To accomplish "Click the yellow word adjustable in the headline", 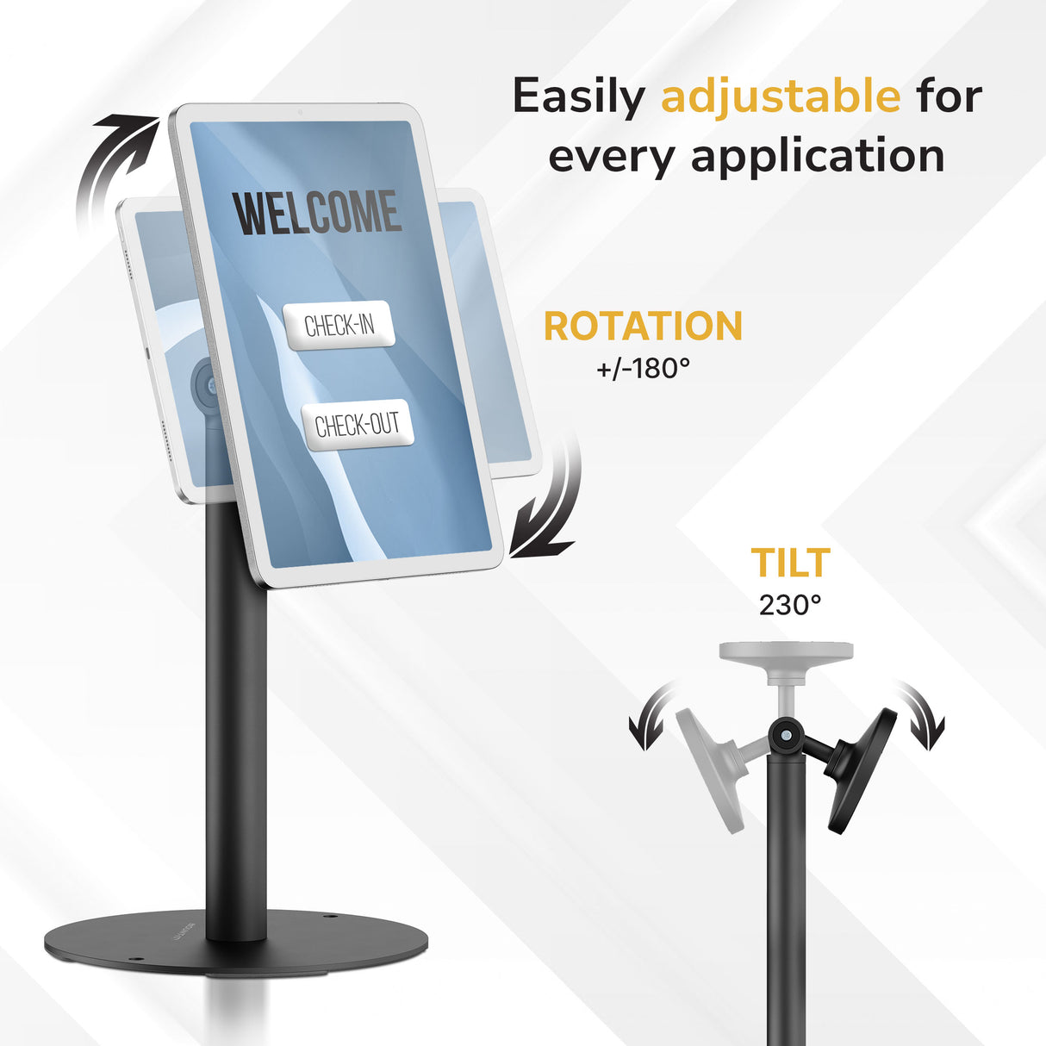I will click(x=780, y=97).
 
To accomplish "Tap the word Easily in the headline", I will click(x=578, y=97).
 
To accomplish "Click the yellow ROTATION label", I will click(x=643, y=327).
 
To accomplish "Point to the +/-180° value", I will click(x=643, y=369).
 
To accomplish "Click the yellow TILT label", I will click(x=790, y=563).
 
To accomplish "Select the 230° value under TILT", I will click(x=790, y=605).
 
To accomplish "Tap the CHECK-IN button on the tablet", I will click(x=339, y=325).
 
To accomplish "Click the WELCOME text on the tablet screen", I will click(x=318, y=214).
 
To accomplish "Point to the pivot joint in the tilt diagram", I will click(x=786, y=734).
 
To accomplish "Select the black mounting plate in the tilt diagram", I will click(x=862, y=769).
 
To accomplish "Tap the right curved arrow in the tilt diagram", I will click(x=922, y=715).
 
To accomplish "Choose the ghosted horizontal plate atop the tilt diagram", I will click(x=786, y=651).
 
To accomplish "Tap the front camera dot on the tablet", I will click(x=299, y=112).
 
